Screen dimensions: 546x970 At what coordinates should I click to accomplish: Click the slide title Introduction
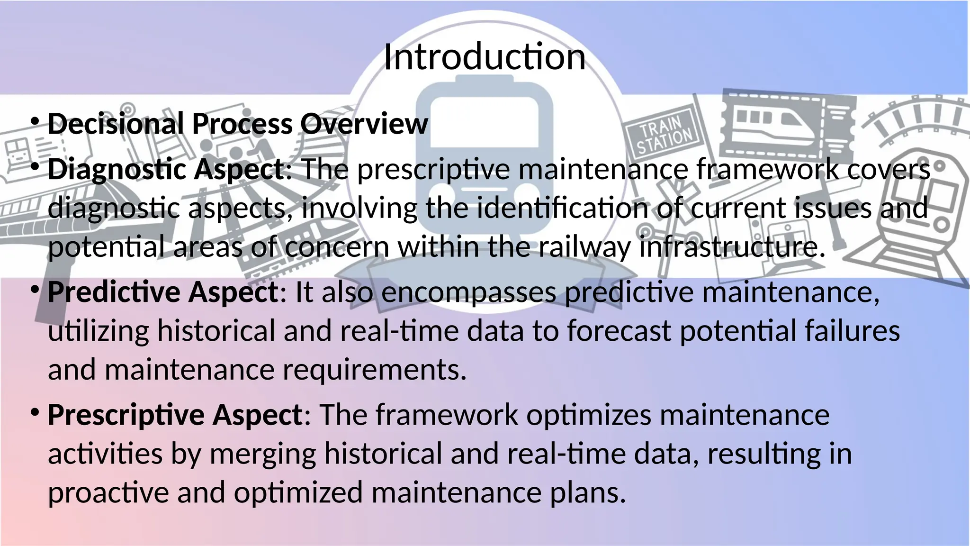pos(485,57)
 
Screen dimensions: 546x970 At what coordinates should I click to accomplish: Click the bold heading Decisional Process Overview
pos(238,124)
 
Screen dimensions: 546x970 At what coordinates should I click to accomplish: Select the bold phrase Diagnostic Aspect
pos(166,170)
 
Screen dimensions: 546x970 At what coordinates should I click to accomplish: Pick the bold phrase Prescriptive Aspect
pos(175,415)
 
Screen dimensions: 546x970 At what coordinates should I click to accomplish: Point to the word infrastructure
pos(732,247)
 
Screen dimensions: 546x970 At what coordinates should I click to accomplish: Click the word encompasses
pos(468,292)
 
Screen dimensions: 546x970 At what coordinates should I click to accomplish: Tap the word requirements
pos(374,370)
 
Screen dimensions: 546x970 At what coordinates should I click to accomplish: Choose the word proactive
pos(108,492)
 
